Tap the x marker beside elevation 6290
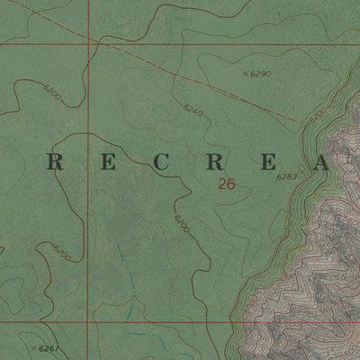click(x=245, y=73)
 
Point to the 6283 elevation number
click(x=287, y=177)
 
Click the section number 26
click(x=227, y=184)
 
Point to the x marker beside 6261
click(x=33, y=347)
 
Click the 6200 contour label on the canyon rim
click(x=316, y=116)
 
